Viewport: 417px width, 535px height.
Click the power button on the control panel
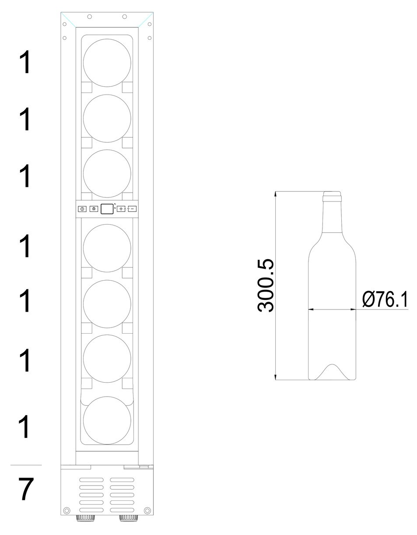(x=82, y=209)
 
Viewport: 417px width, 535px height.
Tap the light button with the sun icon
(x=94, y=209)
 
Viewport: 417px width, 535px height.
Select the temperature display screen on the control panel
(x=107, y=208)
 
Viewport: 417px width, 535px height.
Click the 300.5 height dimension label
(x=265, y=285)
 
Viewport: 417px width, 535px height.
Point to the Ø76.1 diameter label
(x=385, y=299)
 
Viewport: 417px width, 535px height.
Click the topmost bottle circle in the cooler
(x=107, y=63)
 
